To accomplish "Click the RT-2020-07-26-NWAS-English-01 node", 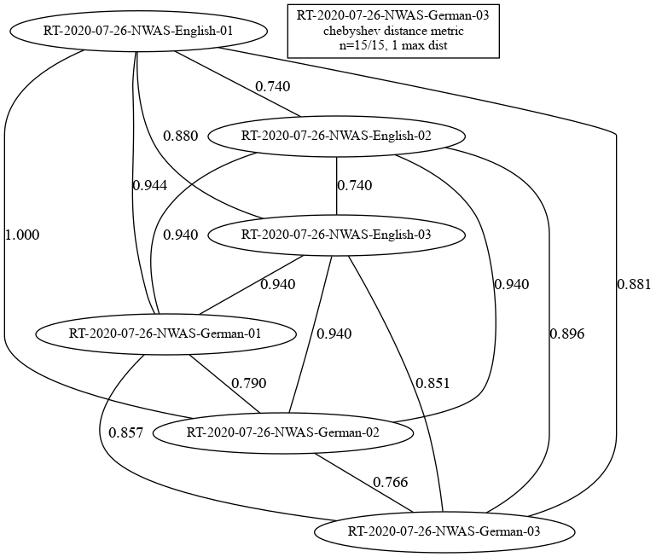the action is [137, 32].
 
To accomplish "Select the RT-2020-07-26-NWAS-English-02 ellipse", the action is [336, 136].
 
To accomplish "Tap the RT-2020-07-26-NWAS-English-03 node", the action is [336, 235].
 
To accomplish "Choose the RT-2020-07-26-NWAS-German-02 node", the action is [283, 432].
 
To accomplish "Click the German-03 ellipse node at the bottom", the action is [444, 532].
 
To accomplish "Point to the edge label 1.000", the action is [22, 235].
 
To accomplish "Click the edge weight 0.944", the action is [150, 185].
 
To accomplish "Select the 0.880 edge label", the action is [180, 136].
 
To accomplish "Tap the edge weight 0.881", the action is [634, 285].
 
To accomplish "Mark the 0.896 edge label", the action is [567, 334].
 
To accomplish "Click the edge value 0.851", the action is [432, 383].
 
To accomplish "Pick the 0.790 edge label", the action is [249, 383].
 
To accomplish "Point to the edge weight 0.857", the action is [125, 432].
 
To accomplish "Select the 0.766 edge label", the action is [391, 482].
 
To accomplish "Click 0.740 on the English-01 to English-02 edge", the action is [273, 87].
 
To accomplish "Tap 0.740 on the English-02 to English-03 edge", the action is [354, 185].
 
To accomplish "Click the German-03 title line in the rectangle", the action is [393, 16].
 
